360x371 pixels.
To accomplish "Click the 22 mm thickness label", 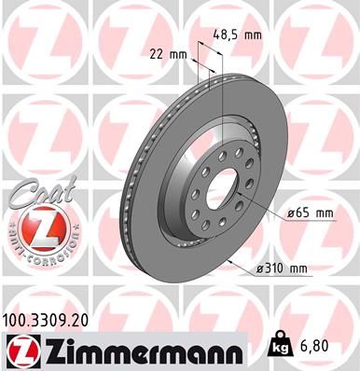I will [169, 54].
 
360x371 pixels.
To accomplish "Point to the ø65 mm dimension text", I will [310, 213].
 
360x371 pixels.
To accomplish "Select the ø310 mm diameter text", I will [282, 269].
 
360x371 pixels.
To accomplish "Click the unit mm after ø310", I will [298, 269].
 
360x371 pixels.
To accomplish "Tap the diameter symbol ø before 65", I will [291, 213].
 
